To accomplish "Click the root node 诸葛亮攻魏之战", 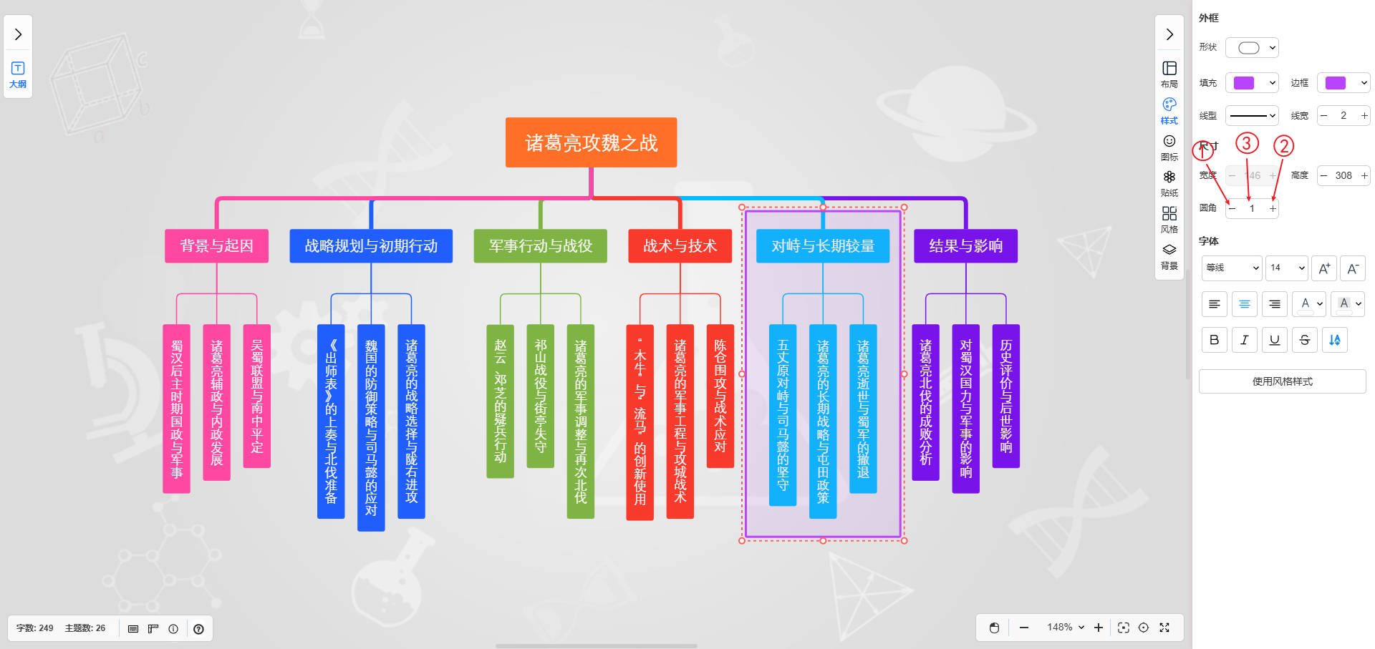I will click(x=591, y=142).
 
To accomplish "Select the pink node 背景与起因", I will click(x=216, y=245).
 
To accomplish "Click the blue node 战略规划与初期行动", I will click(x=371, y=245).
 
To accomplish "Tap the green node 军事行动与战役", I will click(x=540, y=245).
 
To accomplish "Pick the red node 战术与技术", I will click(x=680, y=245).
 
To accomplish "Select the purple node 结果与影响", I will click(x=965, y=245).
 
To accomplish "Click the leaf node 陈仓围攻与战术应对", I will click(x=720, y=396).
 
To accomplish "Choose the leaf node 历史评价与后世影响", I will click(x=1005, y=396).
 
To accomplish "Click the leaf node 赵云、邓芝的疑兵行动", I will click(x=500, y=401).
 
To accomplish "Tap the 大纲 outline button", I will click(x=18, y=74).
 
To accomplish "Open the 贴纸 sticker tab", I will click(x=1169, y=182).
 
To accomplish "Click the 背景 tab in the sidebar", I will click(x=1169, y=255).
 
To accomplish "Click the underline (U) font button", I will click(x=1274, y=340).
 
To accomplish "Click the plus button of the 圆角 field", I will click(x=1273, y=208).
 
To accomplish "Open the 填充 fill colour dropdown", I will click(x=1252, y=83).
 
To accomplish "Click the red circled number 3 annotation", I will click(x=1247, y=143).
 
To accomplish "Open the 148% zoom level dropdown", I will click(x=1066, y=628).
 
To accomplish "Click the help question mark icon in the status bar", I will click(x=198, y=629).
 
